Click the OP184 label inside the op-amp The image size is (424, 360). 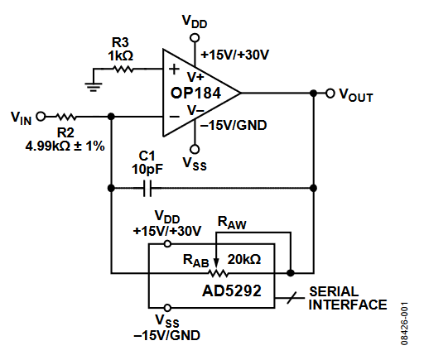coord(195,93)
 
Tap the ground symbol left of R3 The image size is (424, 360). coord(94,87)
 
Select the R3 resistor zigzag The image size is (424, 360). coord(124,69)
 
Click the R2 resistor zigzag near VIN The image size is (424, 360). coord(66,117)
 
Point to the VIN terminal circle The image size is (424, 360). coord(41,117)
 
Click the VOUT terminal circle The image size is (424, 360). coord(330,94)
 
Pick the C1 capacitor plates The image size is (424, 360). coord(147,189)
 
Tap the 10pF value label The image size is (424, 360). coord(147,169)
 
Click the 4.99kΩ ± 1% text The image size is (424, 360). coord(65,146)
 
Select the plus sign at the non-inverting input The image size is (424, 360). coord(174,69)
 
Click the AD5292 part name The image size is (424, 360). coord(232,290)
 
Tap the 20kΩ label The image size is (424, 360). coord(244,259)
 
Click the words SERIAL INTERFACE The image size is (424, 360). coord(348,298)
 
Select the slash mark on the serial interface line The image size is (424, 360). coord(291,298)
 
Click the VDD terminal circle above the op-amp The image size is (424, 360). coord(195,37)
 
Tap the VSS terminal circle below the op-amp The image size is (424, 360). coord(195,149)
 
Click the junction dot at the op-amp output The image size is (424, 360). coord(313,94)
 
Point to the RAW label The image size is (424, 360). coord(232,223)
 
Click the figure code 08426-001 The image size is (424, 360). coord(404,324)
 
